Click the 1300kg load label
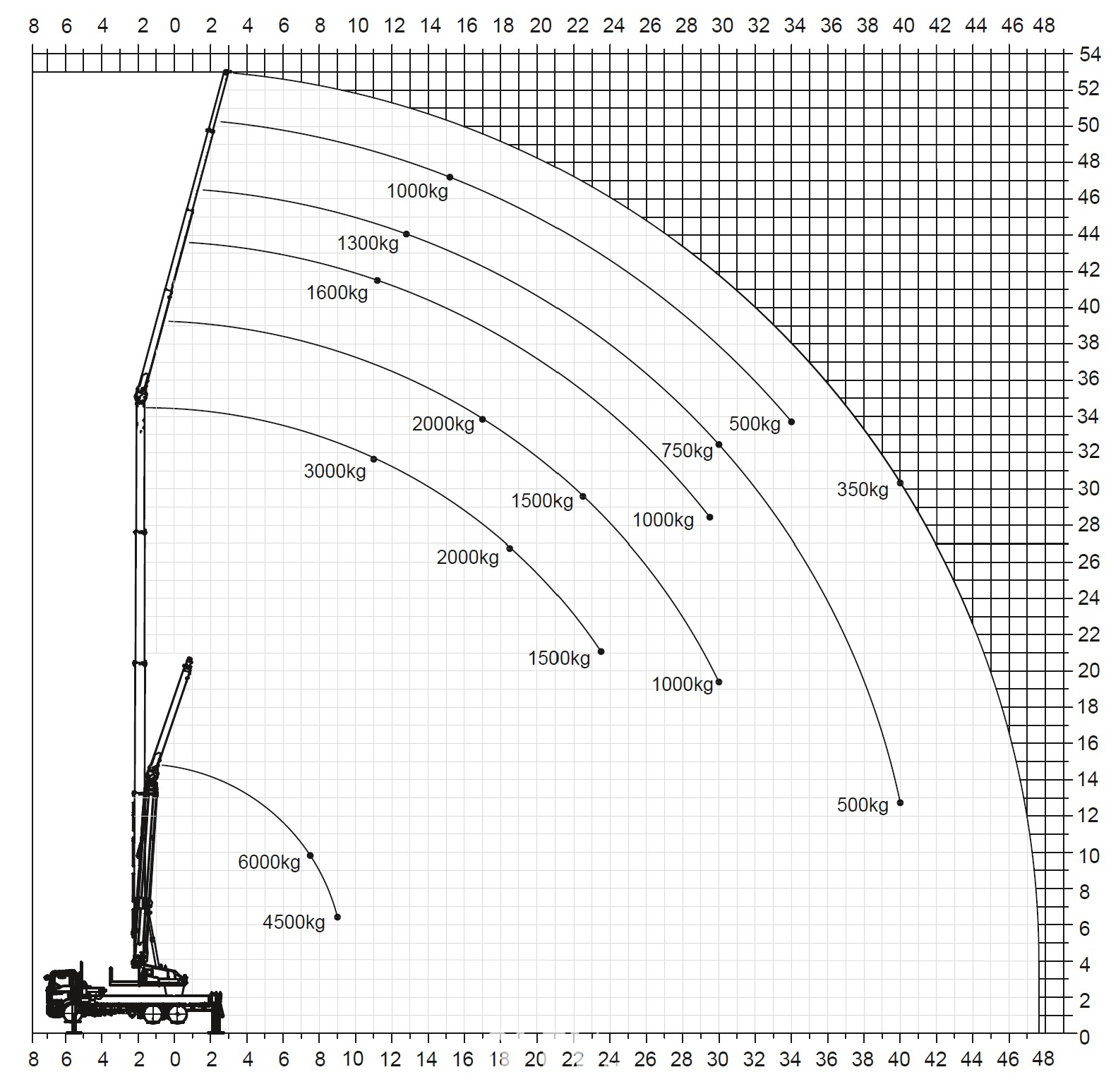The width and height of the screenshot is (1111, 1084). point(368,243)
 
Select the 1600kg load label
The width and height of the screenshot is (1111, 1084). point(337,292)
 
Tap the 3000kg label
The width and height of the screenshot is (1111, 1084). point(335,471)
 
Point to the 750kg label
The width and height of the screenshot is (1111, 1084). point(687,450)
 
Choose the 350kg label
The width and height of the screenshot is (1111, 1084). point(863,489)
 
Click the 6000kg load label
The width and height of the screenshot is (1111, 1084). point(269,862)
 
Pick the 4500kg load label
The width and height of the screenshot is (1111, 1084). point(294,922)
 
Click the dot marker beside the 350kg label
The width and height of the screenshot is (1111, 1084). point(900,483)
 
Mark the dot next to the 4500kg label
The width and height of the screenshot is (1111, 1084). point(337,917)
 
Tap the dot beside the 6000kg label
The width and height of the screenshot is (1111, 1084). point(310,856)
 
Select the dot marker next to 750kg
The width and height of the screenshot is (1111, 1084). point(719,445)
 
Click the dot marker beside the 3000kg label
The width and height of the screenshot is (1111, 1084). point(374,459)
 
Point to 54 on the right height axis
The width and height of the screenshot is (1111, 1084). point(1089,54)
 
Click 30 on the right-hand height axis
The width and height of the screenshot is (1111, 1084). point(1089,488)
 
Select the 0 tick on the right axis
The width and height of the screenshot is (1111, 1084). point(1084,1037)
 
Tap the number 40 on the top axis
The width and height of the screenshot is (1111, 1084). point(903,26)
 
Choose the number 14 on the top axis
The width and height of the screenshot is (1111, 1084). point(431,26)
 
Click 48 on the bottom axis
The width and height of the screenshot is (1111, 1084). point(1043,1059)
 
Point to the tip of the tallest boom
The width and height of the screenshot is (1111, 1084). point(227,72)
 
